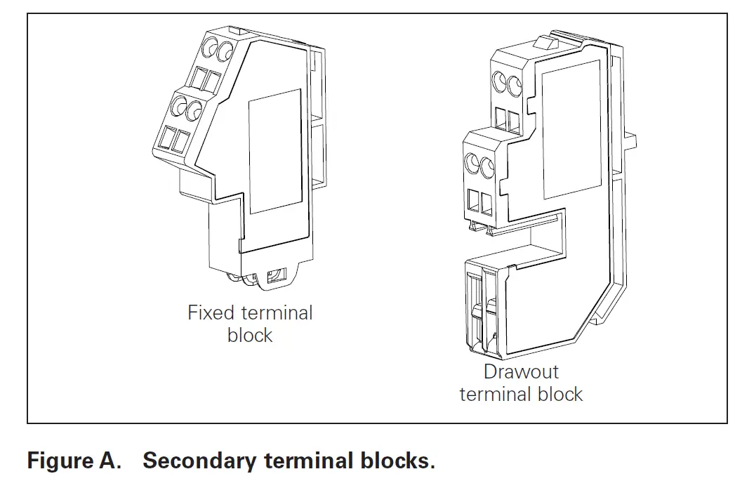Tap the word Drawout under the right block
[x=521, y=371]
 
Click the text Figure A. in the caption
[x=74, y=461]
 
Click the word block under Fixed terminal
[x=250, y=335]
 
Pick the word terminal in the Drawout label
[x=491, y=394]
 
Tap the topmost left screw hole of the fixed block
[x=209, y=49]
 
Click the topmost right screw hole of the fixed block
[x=226, y=50]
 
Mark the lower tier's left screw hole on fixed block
[x=177, y=107]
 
